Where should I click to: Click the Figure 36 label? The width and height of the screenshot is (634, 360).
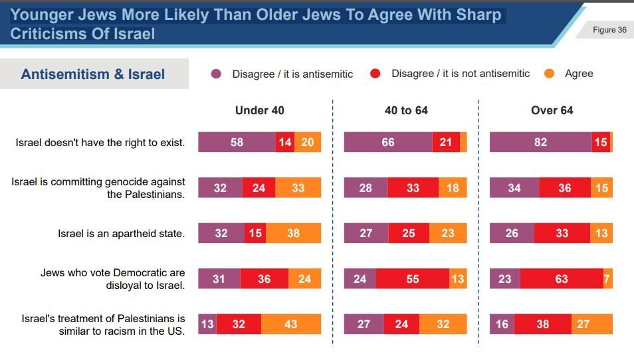[x=609, y=30]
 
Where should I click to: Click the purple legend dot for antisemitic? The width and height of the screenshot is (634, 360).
[x=216, y=74]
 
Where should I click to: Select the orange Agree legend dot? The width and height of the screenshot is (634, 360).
[x=549, y=74]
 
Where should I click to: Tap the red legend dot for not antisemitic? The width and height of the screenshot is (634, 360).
[x=375, y=74]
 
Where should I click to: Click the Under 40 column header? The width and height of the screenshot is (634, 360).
[x=259, y=110]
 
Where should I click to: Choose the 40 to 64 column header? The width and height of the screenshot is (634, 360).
[x=406, y=110]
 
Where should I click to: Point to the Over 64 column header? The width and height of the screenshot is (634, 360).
[x=552, y=110]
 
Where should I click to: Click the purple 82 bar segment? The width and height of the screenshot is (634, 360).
[x=540, y=142]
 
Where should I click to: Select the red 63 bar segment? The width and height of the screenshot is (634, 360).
[x=562, y=279]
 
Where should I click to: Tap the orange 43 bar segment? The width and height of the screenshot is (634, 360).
[x=290, y=324]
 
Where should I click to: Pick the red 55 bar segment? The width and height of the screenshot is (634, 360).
[x=413, y=279]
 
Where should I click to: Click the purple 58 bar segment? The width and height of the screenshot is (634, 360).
[x=237, y=142]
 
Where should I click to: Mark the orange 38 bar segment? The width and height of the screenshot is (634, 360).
[x=293, y=233]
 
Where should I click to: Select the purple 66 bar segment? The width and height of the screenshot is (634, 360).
[x=388, y=142]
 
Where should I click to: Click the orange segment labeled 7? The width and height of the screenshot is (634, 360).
[x=607, y=279]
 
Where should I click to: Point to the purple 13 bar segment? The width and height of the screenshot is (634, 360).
[x=207, y=324]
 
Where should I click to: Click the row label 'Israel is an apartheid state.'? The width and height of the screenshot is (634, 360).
[x=121, y=233]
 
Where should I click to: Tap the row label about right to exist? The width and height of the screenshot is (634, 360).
[x=100, y=142]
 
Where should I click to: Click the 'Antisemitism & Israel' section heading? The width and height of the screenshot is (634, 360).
[x=93, y=74]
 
